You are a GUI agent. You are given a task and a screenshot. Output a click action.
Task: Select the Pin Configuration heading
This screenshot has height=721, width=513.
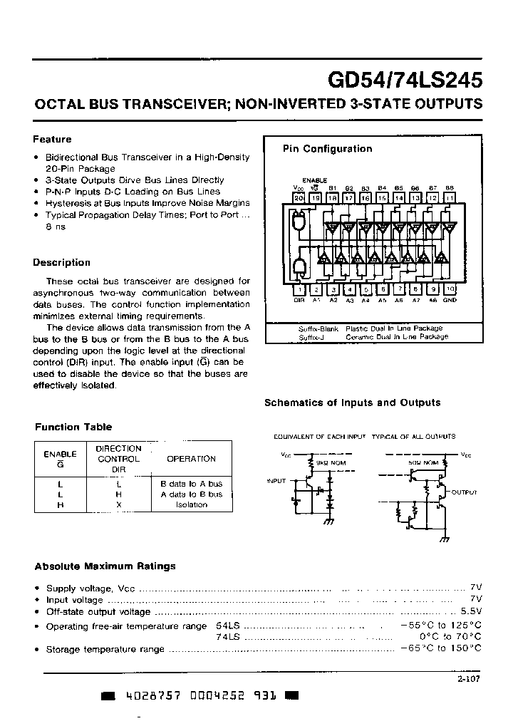(x=327, y=149)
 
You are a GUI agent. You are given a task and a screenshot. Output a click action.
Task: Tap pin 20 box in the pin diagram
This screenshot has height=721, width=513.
(x=299, y=197)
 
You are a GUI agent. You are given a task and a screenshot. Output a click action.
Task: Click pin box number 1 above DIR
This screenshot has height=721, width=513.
(x=300, y=289)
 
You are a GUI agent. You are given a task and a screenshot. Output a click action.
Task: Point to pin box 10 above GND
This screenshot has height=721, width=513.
(x=450, y=289)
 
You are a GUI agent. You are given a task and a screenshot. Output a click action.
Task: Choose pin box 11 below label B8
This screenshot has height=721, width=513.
(x=450, y=197)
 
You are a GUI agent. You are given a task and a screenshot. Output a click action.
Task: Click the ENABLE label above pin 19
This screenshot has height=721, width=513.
(x=314, y=180)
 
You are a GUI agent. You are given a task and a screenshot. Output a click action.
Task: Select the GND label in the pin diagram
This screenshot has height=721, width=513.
(x=450, y=301)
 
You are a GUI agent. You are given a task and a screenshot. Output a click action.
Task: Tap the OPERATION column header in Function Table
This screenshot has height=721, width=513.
(x=191, y=459)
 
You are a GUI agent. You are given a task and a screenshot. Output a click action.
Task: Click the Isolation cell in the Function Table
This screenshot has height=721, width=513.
(x=191, y=504)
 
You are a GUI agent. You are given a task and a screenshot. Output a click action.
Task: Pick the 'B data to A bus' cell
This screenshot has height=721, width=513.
(x=191, y=483)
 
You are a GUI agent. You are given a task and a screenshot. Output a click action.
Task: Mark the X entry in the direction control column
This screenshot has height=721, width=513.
(x=119, y=504)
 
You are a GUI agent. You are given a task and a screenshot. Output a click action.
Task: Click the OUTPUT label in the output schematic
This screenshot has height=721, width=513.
(x=464, y=492)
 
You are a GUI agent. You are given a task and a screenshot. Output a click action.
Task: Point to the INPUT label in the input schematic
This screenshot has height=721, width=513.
(x=276, y=481)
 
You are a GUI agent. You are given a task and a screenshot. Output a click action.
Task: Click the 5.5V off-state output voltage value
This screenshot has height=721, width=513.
(x=471, y=611)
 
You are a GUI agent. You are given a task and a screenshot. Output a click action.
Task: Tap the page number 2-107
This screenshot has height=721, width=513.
(x=469, y=679)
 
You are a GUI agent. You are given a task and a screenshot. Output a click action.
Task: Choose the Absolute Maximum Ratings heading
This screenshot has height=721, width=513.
(x=105, y=566)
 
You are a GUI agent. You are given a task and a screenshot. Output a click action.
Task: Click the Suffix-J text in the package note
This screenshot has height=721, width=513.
(x=311, y=336)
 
